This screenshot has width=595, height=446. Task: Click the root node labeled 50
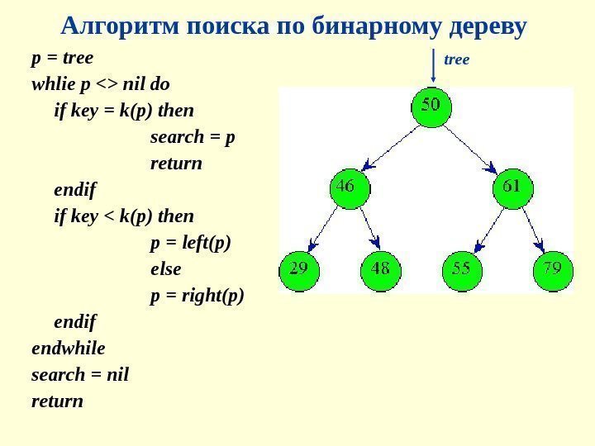tap(432, 108)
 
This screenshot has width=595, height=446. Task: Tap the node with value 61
tap(513, 188)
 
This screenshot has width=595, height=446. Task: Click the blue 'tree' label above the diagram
tap(457, 59)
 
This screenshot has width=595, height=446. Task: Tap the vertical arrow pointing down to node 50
tap(432, 66)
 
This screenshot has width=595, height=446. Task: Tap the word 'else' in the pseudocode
tap(165, 269)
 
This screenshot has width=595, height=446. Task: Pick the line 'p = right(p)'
tap(198, 296)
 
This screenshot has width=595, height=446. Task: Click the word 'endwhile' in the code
tap(69, 349)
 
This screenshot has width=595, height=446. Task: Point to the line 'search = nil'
tap(80, 375)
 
